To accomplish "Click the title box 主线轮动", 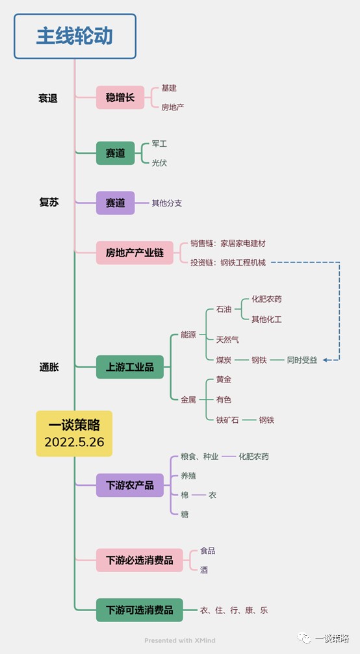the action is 75,36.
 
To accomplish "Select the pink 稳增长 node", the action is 120,97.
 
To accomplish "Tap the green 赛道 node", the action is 116,153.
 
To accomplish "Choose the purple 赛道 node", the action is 116,203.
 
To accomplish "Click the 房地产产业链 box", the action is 135,253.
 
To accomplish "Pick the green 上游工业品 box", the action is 130,367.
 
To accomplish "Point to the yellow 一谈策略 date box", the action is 74,434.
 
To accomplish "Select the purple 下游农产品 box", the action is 130,485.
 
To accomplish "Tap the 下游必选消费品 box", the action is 139,560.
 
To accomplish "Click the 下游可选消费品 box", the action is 139,610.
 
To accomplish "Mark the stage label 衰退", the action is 48,99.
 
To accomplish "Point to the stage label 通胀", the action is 49,367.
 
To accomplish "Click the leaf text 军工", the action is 159,144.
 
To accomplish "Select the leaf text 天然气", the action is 228,340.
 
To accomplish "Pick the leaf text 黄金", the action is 224,379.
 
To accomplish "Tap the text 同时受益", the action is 302,360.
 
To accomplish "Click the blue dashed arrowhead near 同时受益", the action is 326,360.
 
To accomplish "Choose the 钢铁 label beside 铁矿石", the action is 266,420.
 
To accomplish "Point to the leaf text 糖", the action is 185,514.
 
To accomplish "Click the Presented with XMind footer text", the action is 180,640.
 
